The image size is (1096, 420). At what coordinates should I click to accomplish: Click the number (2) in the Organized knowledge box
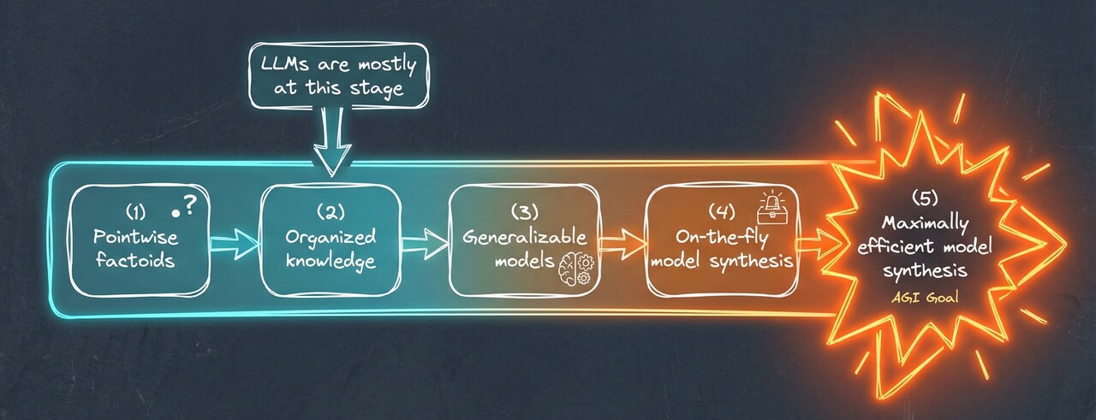(x=330, y=210)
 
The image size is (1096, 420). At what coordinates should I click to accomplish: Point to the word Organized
(x=330, y=235)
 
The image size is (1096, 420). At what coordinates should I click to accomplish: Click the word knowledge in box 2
(x=330, y=260)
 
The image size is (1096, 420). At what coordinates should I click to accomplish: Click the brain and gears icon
(x=575, y=267)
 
